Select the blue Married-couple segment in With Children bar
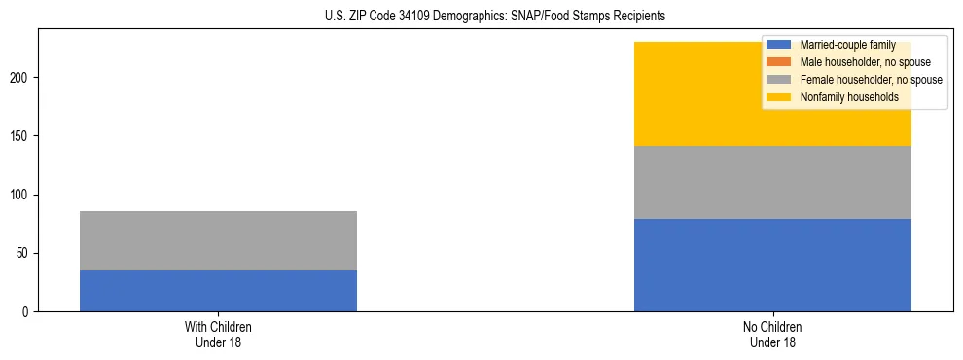[218, 291]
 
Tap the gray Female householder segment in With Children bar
[218, 240]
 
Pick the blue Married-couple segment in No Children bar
[772, 265]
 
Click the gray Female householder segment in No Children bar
[772, 182]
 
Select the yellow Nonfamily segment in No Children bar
[681, 93]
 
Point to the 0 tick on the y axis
[27, 312]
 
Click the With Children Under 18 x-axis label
[218, 334]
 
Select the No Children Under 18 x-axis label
[772, 334]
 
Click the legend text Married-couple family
[847, 45]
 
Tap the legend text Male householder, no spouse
[865, 62]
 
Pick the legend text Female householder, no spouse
[871, 80]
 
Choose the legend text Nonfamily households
[848, 97]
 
